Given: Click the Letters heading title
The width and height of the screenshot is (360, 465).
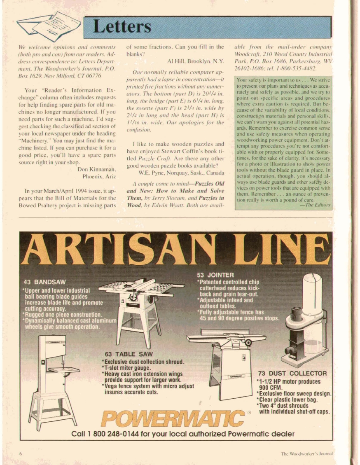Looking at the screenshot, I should point(122,27).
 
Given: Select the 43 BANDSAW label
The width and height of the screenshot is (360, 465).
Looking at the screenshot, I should point(44,282).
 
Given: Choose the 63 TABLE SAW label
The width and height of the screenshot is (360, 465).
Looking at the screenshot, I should point(129,354).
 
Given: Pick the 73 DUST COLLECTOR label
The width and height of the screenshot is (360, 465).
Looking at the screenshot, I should point(292,374).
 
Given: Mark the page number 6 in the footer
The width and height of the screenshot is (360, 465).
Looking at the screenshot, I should point(20,453).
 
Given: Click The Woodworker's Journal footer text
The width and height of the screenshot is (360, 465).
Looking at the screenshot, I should point(306,454).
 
